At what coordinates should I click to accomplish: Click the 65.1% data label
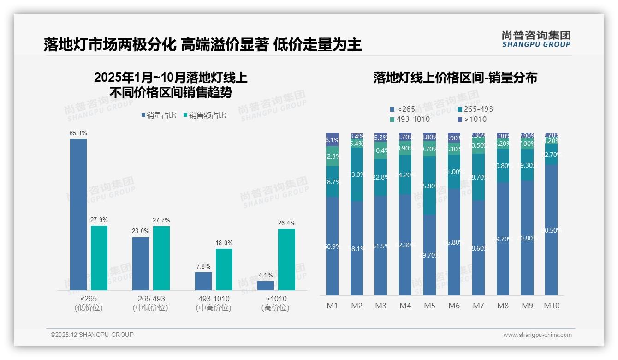coord(78,133)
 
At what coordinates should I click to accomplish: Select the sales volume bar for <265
coord(78,215)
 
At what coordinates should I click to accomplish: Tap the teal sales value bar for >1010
coord(286,259)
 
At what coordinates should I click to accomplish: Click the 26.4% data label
coord(286,223)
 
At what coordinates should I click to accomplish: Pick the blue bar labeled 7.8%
coord(203,281)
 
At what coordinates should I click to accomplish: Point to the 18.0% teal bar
coord(224,270)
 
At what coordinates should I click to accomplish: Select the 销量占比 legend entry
coord(158,115)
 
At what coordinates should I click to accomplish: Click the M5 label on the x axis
coord(429,306)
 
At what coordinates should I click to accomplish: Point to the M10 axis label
coord(551,306)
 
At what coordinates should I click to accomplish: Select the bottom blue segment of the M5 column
coord(429,255)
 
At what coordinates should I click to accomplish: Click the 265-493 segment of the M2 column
coord(357,174)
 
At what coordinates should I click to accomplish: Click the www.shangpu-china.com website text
coord(537,335)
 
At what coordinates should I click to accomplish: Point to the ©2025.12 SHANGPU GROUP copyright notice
coord(92,335)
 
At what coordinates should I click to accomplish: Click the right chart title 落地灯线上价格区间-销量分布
coord(455,78)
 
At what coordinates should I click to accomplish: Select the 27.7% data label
coord(161,220)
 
